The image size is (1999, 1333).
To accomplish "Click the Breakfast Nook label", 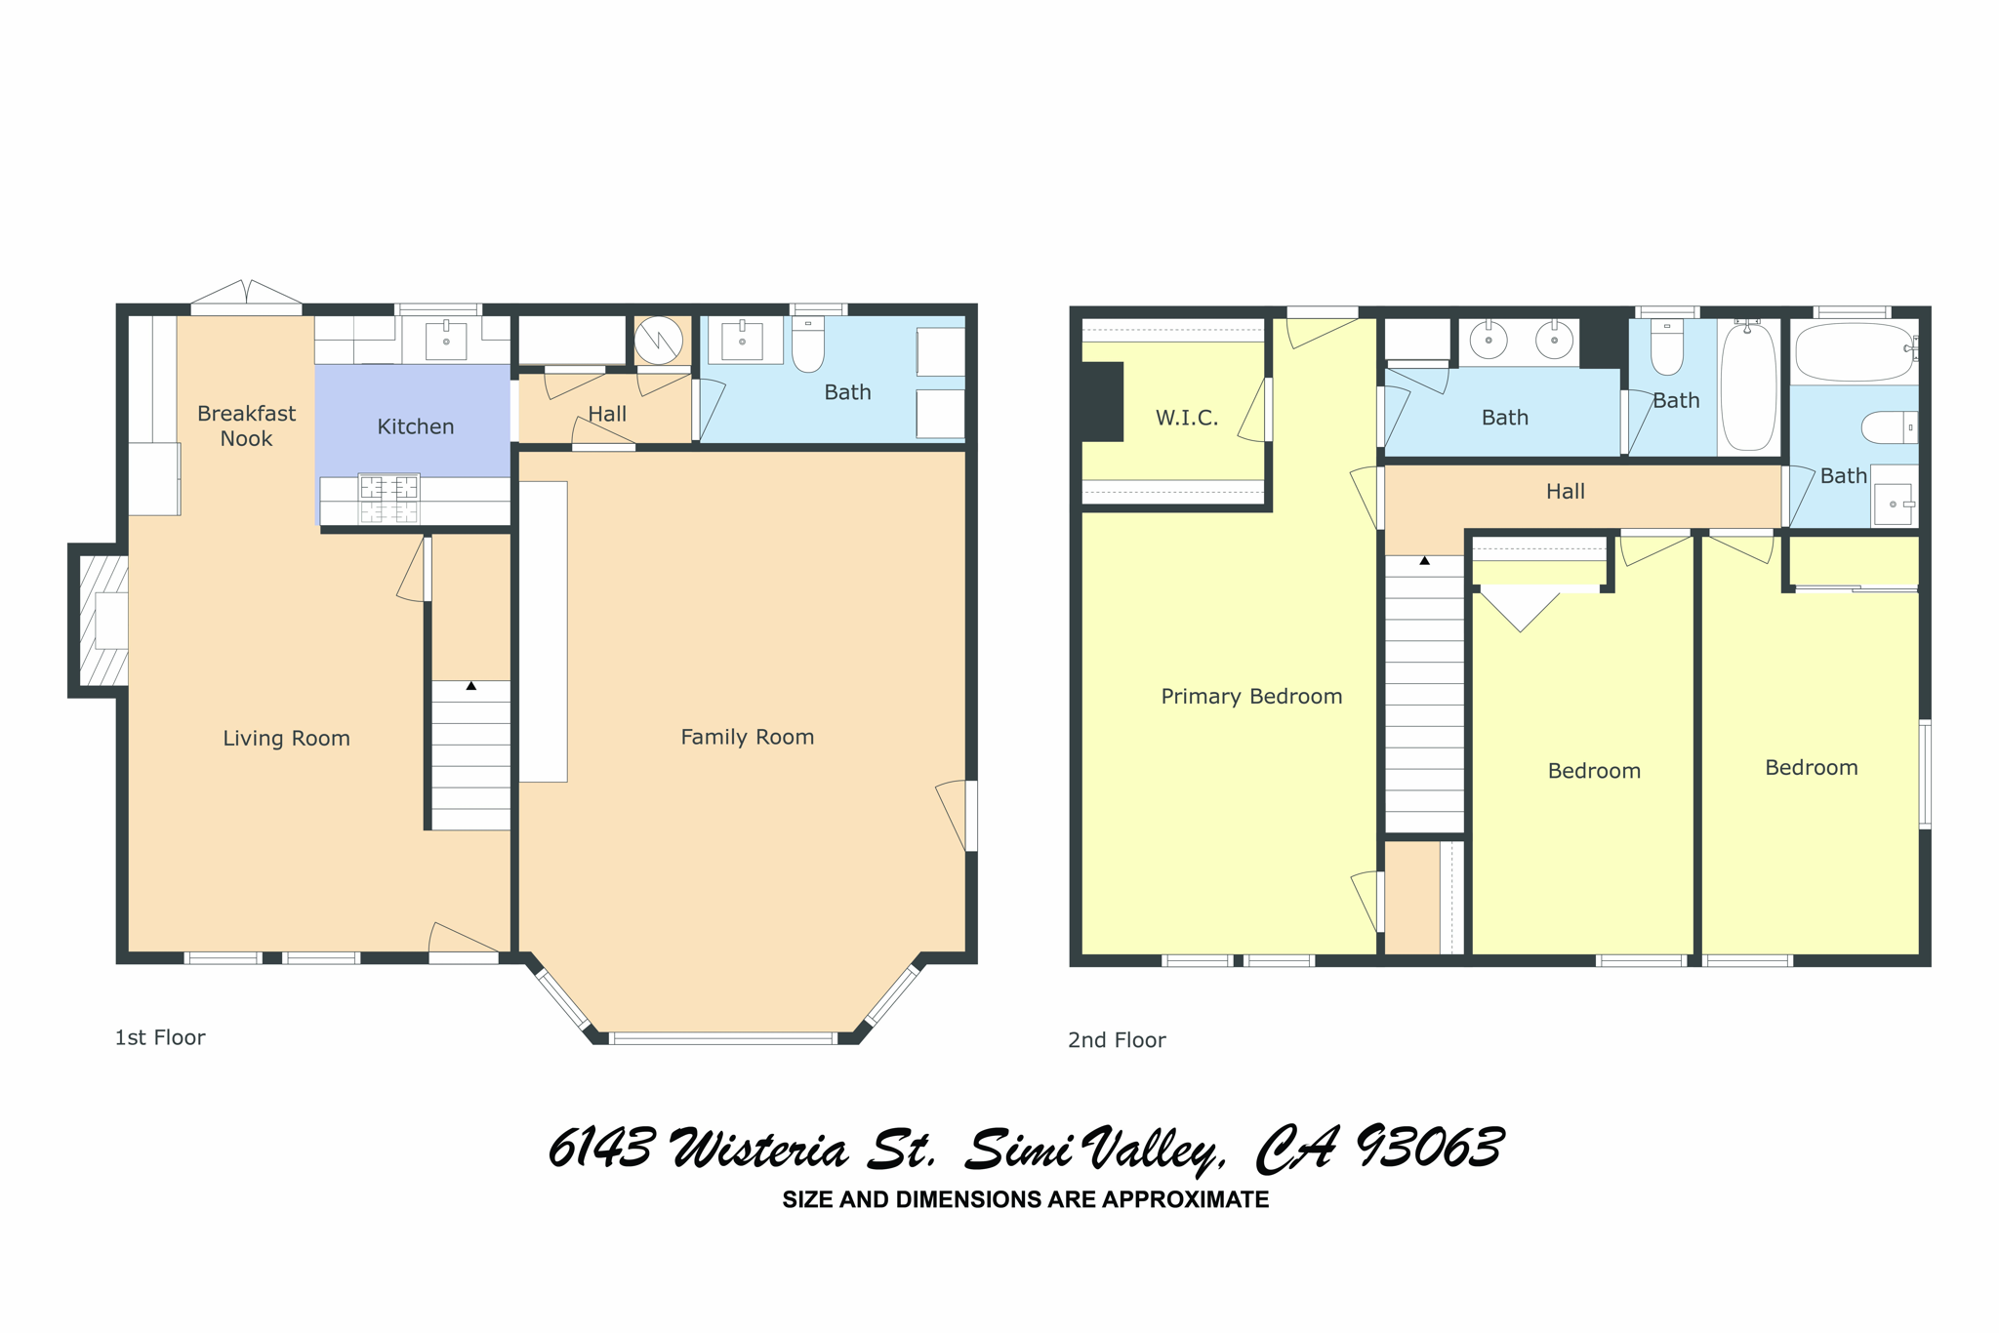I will tap(246, 425).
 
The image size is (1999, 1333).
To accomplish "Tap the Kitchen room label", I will tap(416, 426).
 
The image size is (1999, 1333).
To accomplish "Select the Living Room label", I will tap(286, 739).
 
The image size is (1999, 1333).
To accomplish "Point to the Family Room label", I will tap(747, 737).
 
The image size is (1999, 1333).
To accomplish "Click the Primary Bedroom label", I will tap(1251, 696).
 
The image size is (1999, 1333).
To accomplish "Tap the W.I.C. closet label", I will tap(1187, 418).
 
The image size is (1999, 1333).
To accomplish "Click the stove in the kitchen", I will tap(389, 498).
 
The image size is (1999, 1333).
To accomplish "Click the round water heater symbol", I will tap(659, 341).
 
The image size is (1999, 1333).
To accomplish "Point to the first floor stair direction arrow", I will tap(471, 686).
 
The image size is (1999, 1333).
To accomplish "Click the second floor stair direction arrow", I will tap(1425, 561).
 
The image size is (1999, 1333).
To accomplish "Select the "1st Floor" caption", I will tap(160, 1037).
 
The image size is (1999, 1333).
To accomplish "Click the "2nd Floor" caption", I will tap(1117, 1040).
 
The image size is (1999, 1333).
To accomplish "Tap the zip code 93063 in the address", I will tap(1430, 1148).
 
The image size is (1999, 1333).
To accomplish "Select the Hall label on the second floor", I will tap(1566, 492).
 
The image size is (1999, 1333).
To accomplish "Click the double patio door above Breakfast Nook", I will tap(246, 296).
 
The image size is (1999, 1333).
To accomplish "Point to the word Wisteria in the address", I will tap(759, 1149).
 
